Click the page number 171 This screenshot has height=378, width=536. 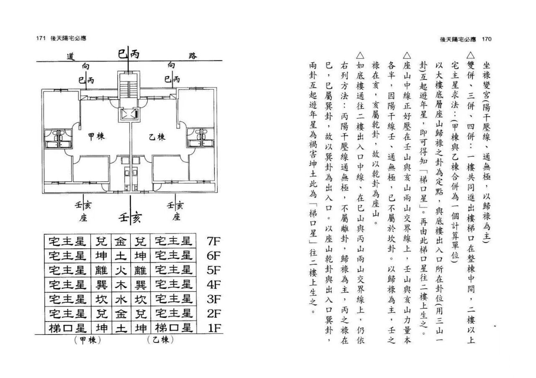click(x=41, y=38)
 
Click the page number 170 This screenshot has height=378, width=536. click(x=487, y=39)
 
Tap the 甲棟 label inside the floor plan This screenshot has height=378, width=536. click(x=96, y=137)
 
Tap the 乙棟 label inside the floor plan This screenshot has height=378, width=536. click(x=157, y=137)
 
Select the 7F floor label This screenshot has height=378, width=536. click(x=214, y=241)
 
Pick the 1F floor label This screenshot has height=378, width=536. click(x=214, y=328)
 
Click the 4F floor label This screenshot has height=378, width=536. click(x=214, y=285)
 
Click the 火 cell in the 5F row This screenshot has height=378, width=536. click(x=121, y=270)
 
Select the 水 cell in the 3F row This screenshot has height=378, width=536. click(x=121, y=299)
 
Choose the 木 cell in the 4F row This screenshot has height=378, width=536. click(x=121, y=285)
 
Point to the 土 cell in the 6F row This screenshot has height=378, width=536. click(x=121, y=255)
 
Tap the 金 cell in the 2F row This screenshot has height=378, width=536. click(x=121, y=314)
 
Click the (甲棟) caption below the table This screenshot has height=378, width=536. click(x=88, y=340)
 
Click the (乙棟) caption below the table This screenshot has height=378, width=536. click(x=160, y=340)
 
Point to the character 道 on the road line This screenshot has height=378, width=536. click(x=71, y=57)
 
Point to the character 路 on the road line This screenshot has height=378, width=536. click(x=193, y=56)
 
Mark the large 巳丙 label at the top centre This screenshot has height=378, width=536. click(x=129, y=54)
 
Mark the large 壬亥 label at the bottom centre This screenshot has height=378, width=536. click(x=130, y=217)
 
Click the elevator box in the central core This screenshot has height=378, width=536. click(x=129, y=114)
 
